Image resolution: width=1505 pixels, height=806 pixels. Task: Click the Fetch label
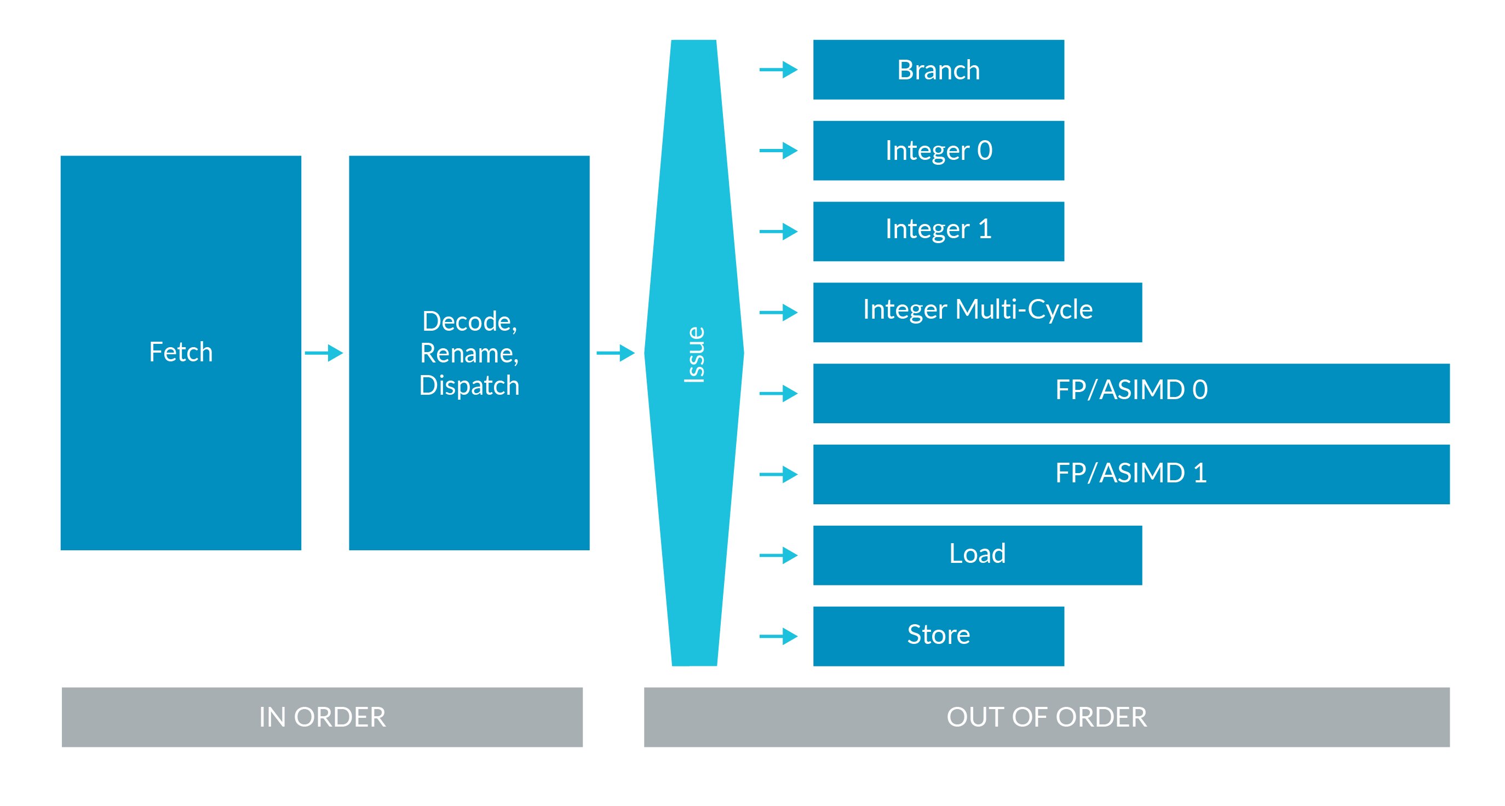tap(181, 352)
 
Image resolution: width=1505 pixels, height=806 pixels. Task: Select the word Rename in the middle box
tap(469, 353)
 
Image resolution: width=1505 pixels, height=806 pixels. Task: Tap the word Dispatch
tap(469, 385)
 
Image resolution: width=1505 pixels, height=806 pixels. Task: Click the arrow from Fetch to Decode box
tap(324, 353)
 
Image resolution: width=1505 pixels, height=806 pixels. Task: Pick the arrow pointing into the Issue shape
tap(615, 353)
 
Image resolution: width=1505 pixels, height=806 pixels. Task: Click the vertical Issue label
tap(694, 354)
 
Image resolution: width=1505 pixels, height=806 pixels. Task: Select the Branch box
tap(938, 70)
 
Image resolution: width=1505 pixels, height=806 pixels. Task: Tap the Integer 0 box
tap(938, 151)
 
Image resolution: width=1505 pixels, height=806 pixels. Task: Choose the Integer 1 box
tap(938, 231)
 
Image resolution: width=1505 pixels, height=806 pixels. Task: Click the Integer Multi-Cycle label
tap(977, 309)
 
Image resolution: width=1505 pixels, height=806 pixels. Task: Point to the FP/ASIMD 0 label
tap(1130, 389)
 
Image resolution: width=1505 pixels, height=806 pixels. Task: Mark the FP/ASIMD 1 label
tap(1130, 473)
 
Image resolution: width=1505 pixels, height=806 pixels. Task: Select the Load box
tap(977, 554)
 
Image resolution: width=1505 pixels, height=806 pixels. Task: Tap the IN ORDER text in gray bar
tap(322, 717)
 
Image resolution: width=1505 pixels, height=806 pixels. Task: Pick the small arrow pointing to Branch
tap(778, 70)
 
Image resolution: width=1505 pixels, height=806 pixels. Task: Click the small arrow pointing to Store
tap(778, 636)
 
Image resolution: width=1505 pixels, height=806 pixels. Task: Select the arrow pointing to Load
tap(778, 555)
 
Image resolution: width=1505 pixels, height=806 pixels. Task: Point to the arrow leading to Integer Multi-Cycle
tap(778, 313)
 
